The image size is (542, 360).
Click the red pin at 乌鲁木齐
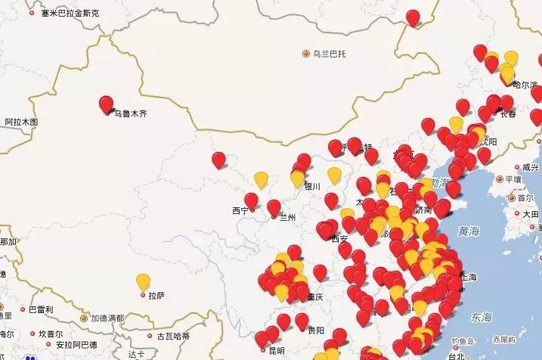coord(107,104)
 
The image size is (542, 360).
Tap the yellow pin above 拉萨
coord(143,281)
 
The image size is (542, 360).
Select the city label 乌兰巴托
coord(329,54)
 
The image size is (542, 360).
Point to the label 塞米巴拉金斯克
coord(70,14)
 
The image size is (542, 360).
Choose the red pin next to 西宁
coord(251,200)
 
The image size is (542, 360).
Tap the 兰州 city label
coord(287,217)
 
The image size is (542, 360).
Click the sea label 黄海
coord(468,231)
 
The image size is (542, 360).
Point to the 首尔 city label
coord(525,197)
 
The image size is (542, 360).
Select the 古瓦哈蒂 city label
coord(172,335)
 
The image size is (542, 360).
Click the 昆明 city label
coord(276,351)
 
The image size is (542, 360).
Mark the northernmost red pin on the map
coord(413,17)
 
